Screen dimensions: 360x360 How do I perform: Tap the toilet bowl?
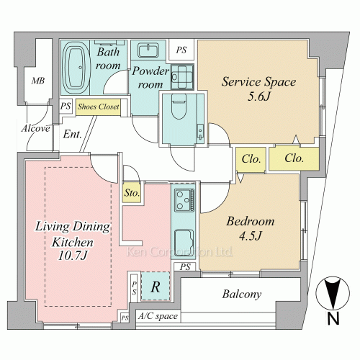[179, 107]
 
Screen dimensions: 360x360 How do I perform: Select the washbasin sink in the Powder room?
[148, 50]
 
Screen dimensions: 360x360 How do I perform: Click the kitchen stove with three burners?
[184, 200]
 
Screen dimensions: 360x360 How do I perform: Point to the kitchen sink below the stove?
[184, 243]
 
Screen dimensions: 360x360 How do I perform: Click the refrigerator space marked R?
[156, 286]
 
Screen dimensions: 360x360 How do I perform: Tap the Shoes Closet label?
[99, 107]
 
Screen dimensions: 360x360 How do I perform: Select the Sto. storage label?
[132, 193]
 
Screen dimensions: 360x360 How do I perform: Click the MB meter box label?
[38, 81]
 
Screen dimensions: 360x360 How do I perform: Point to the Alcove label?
[36, 128]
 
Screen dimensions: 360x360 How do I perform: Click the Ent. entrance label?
[73, 134]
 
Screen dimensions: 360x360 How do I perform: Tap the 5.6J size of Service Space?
[258, 96]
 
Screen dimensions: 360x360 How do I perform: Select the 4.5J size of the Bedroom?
[250, 235]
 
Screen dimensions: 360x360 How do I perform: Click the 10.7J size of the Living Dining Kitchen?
[72, 256]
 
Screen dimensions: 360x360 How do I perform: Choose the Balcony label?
[242, 294]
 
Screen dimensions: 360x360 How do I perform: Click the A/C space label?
[158, 316]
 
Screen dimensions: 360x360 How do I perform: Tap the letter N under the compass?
[333, 319]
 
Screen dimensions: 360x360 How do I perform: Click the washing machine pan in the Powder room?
[182, 77]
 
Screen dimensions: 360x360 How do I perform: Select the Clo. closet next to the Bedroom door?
[251, 159]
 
